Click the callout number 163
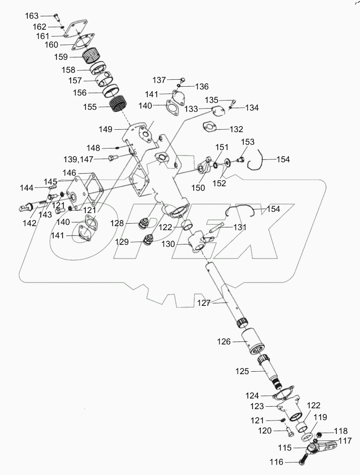(31, 16)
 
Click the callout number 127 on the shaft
(204, 303)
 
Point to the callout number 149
(105, 129)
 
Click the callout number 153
(248, 142)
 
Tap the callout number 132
(236, 130)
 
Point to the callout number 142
(30, 223)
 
